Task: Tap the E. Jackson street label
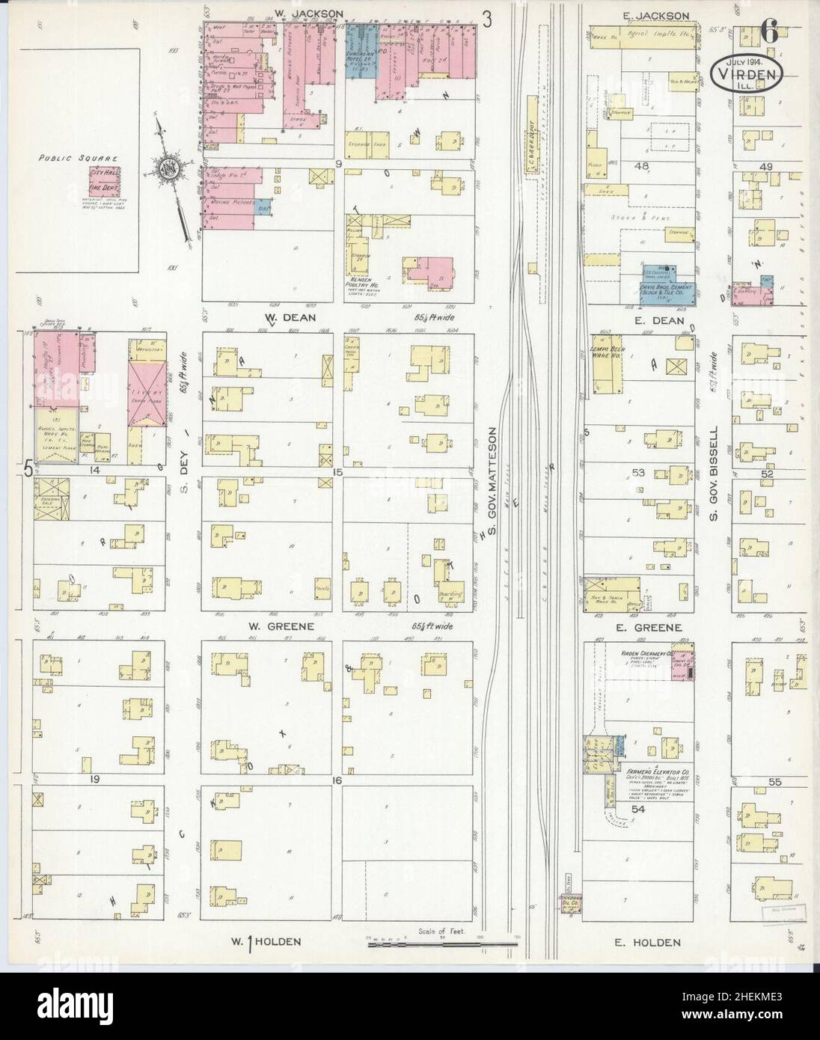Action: click(655, 15)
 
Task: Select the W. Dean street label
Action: click(281, 317)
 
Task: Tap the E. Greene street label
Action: click(656, 628)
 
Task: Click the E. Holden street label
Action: click(655, 943)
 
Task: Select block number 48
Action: click(640, 166)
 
